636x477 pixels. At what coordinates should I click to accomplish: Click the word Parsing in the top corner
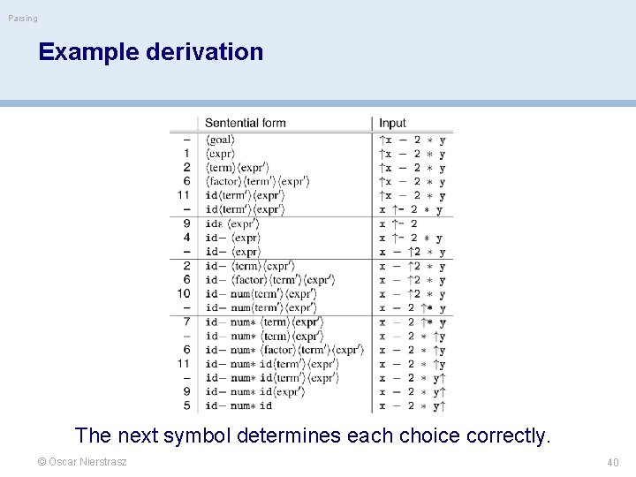coord(23,19)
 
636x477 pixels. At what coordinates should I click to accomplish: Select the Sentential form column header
coord(246,123)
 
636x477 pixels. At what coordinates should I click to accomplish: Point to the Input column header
coord(393,123)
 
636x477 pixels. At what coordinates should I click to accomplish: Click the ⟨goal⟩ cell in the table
coord(221,140)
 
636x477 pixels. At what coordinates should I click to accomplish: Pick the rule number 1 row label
coord(186,154)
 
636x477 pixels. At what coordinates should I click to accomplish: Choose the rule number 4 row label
coord(186,238)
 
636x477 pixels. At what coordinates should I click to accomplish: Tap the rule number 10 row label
coord(184,293)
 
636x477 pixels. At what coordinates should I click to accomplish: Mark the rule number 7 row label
coord(186,322)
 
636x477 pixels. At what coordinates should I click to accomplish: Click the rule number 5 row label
coord(186,405)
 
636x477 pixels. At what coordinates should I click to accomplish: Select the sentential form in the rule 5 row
coord(238,405)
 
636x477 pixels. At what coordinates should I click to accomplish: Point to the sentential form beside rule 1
coord(220,154)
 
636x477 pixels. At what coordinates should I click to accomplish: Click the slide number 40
coord(613,462)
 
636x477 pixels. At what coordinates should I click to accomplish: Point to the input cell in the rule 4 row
coord(411,238)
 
